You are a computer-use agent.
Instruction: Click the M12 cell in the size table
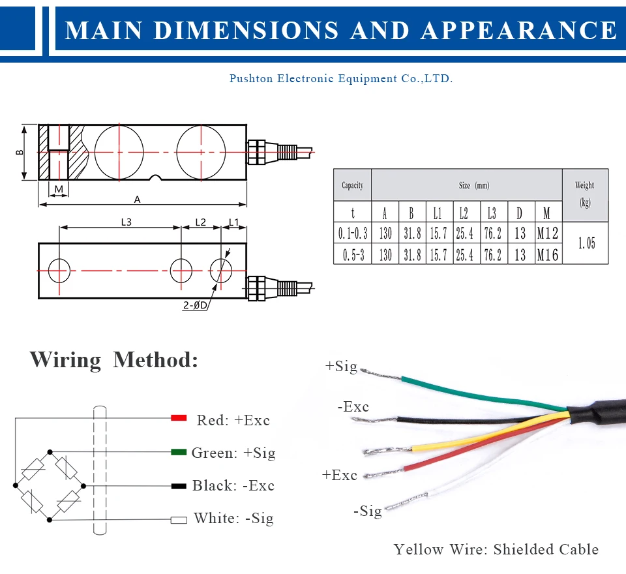[548, 234]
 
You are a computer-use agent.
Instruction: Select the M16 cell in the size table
[548, 254]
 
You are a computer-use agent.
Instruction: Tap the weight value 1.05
[586, 243]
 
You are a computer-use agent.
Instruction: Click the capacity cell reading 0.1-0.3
[353, 234]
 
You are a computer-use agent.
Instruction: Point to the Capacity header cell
[352, 186]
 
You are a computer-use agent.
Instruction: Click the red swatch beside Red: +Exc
[179, 418]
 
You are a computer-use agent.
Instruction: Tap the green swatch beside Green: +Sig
[179, 452]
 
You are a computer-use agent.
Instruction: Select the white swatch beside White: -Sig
[179, 520]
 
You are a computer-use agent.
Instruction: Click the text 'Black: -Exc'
[233, 486]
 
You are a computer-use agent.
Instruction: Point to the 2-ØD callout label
[196, 304]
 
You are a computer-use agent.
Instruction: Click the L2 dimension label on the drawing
[200, 222]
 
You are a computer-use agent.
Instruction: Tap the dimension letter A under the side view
[137, 199]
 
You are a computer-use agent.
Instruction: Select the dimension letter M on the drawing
[59, 189]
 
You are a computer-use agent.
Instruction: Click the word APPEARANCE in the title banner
[519, 30]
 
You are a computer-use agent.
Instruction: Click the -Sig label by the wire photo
[368, 511]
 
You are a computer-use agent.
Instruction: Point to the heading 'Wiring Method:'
[113, 360]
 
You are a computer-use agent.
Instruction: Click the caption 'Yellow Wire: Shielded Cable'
[496, 549]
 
